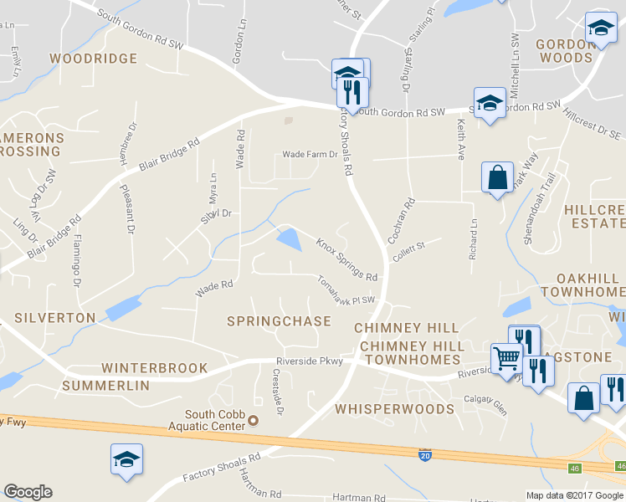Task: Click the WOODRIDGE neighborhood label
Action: [93, 59]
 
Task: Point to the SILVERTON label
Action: [55, 318]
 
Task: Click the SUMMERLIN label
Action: [105, 386]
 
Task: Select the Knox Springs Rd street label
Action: [346, 259]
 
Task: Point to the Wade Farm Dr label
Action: [310, 155]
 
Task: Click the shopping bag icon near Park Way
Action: [497, 177]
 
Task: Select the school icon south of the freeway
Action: [126, 459]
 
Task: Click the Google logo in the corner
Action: [28, 492]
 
